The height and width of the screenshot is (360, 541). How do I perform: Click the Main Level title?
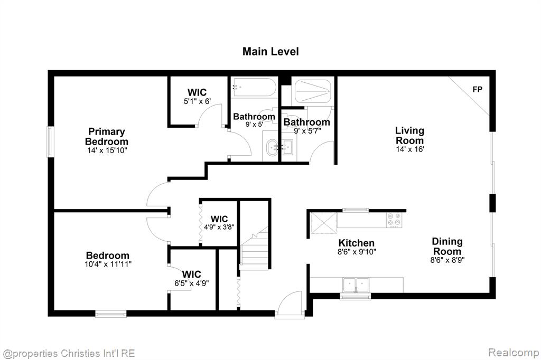coord(270,51)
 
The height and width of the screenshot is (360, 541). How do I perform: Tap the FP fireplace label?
coord(477,89)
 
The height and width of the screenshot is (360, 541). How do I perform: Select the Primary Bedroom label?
coord(106,137)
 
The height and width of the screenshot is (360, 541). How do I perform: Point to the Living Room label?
coord(409,136)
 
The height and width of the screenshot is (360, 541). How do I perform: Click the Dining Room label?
coord(447,246)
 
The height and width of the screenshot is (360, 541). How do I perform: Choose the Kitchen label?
coord(357,243)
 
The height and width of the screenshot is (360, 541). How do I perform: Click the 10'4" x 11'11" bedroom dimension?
coord(108,264)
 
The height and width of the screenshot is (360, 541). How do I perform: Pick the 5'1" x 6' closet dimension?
coord(197,101)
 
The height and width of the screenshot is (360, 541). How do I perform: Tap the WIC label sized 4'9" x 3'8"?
coord(219,219)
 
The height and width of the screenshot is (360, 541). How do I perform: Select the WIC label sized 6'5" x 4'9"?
coord(191,274)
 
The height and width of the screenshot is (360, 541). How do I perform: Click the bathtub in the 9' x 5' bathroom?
coord(254,88)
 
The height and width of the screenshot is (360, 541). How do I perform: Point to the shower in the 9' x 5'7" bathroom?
coord(313,91)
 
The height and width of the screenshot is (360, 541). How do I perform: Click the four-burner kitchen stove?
coord(394,220)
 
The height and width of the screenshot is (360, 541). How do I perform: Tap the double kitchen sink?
coord(356,285)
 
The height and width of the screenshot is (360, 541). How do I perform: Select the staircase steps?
coord(254,248)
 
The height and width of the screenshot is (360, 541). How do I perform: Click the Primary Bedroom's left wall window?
coord(50,141)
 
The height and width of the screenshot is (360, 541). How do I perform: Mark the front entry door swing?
coord(291,304)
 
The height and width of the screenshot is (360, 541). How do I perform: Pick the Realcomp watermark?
coord(514,353)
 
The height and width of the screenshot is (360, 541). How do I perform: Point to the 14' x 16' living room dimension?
coord(410,149)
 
